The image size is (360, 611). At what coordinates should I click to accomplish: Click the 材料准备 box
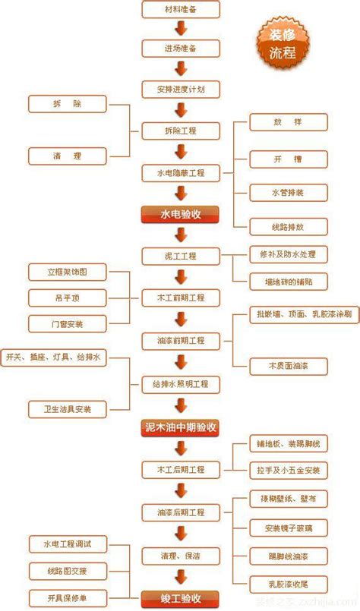(x=181, y=8)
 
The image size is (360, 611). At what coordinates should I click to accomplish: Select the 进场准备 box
(x=181, y=49)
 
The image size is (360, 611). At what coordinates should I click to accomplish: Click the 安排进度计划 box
(x=181, y=90)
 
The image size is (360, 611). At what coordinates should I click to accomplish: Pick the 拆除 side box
(x=67, y=103)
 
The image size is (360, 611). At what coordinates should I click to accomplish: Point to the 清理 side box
(x=67, y=155)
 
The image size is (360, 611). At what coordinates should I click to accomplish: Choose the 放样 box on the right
(x=289, y=121)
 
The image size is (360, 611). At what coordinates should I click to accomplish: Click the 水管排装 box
(x=289, y=193)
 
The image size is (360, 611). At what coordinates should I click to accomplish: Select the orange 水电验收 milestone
(x=181, y=214)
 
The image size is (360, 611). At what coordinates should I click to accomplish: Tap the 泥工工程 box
(x=181, y=256)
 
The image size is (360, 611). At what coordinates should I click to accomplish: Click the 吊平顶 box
(x=67, y=298)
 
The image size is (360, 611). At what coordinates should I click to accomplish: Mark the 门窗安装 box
(x=67, y=323)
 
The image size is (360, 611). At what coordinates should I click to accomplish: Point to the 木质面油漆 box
(x=289, y=366)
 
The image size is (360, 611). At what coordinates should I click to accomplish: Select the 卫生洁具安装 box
(x=67, y=409)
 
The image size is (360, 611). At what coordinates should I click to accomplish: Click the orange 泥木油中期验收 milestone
(x=181, y=427)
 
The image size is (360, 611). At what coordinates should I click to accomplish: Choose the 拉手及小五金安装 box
(x=289, y=470)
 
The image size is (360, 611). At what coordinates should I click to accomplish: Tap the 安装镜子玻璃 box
(x=289, y=527)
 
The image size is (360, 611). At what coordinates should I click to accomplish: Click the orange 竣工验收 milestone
(x=181, y=598)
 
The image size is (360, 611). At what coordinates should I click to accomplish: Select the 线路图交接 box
(x=67, y=569)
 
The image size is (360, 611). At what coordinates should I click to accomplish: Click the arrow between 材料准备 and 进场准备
(x=181, y=29)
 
